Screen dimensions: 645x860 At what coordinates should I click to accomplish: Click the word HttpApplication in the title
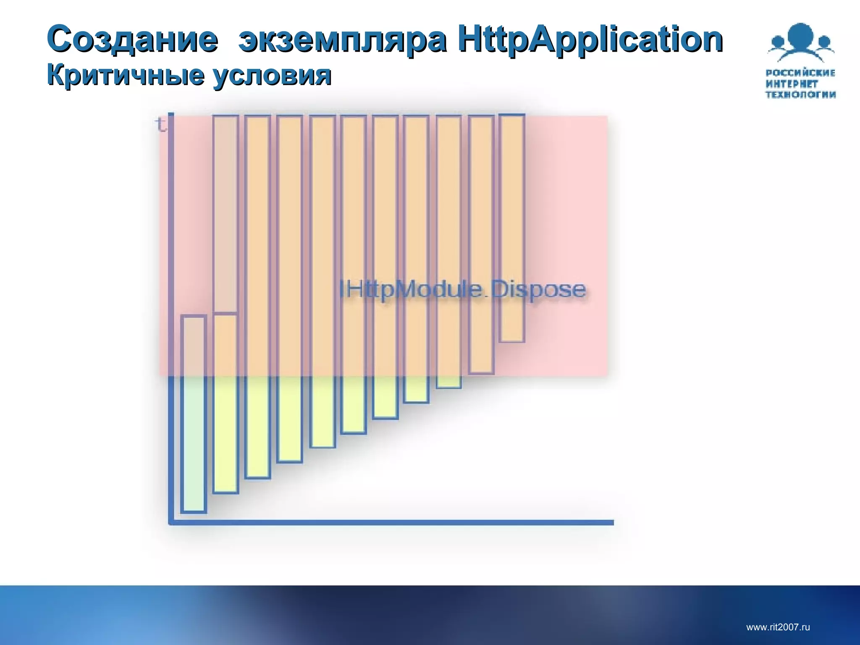[x=590, y=39]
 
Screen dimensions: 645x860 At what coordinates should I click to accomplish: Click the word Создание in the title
[x=133, y=39]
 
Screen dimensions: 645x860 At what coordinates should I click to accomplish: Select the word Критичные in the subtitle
[x=126, y=76]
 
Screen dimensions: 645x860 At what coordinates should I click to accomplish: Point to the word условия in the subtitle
[x=272, y=76]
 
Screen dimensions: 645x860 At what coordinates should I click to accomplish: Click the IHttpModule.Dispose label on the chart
[x=462, y=290]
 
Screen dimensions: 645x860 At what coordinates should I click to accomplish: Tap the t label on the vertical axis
[x=160, y=124]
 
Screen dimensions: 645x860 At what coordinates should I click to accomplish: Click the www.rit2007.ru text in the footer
[x=778, y=627]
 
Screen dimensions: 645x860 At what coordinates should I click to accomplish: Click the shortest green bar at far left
[x=193, y=414]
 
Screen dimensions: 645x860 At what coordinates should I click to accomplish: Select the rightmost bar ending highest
[x=512, y=228]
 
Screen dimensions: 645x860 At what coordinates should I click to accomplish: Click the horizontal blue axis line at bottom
[x=391, y=522]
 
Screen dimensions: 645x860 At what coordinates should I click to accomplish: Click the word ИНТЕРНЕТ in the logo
[x=792, y=84]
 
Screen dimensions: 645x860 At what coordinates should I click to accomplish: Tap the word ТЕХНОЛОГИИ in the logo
[x=800, y=95]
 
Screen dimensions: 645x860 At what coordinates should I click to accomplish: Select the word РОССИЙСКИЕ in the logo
[x=800, y=73]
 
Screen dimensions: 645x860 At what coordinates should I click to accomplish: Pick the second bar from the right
[x=481, y=244]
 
